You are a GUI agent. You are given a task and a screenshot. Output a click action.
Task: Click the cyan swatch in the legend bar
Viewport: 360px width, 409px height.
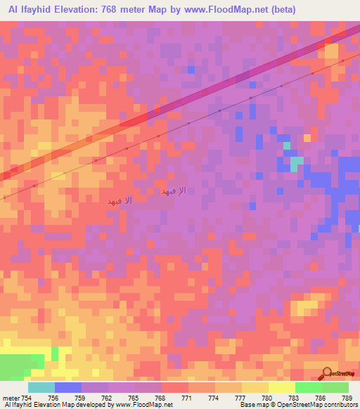(41, 387)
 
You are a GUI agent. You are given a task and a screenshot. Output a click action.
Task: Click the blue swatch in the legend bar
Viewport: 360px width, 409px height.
(67, 387)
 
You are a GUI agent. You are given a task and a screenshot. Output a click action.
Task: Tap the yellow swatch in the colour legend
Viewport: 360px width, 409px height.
(281, 387)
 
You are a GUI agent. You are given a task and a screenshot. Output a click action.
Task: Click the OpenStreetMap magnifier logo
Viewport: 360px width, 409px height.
(327, 373)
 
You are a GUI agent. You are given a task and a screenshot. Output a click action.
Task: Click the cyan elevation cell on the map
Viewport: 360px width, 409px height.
(297, 161)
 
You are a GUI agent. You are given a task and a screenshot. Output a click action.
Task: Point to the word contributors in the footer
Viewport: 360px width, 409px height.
(339, 405)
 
